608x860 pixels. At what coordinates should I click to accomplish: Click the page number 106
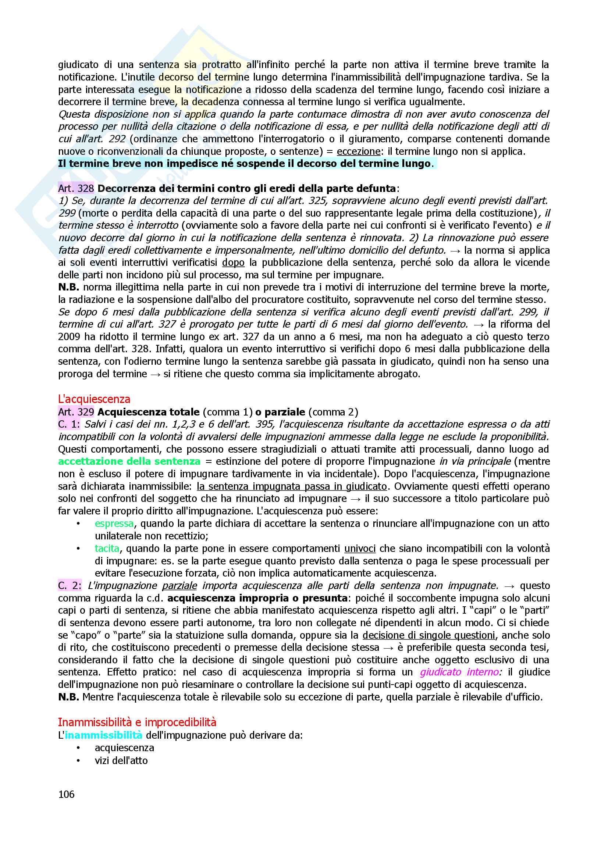[x=66, y=794]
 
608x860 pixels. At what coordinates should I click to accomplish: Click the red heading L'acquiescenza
[x=94, y=399]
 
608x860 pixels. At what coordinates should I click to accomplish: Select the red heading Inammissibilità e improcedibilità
[x=137, y=722]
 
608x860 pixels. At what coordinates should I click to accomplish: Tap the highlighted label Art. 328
[x=76, y=188]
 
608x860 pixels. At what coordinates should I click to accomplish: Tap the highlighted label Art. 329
[x=76, y=412]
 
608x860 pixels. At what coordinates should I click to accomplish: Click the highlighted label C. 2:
[x=70, y=585]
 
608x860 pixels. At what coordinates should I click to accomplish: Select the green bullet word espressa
[x=114, y=523]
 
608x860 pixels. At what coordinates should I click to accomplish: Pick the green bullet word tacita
[x=107, y=548]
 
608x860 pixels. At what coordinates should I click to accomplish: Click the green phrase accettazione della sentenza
[x=129, y=461]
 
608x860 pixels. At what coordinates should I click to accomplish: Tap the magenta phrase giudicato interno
[x=459, y=672]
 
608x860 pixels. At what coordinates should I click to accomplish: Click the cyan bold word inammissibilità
[x=103, y=735]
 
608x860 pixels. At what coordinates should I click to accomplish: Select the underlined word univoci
[x=360, y=548]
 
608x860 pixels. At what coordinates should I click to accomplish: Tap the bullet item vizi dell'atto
[x=121, y=760]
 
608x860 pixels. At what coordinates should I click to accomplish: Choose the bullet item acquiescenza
[x=124, y=747]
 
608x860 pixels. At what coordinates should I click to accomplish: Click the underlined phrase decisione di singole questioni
[x=429, y=635]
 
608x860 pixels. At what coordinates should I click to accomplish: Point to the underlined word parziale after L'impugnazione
[x=179, y=585]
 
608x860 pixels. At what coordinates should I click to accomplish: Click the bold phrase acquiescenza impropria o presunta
[x=257, y=598]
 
